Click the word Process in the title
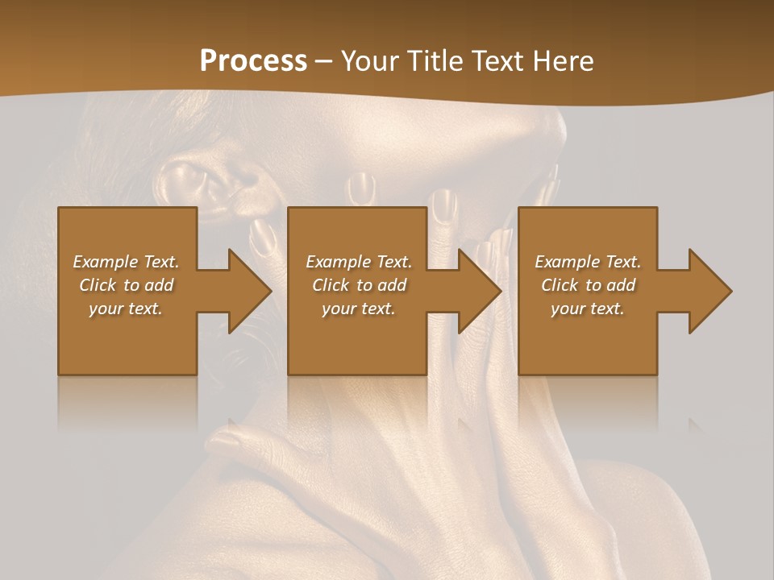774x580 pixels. (253, 61)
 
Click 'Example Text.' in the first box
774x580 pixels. (126, 262)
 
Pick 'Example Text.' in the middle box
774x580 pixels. (359, 262)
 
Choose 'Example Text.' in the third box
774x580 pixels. (588, 262)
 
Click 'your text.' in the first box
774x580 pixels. (126, 309)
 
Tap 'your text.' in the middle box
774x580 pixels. (359, 309)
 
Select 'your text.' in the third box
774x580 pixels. (588, 309)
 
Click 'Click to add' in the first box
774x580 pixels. (126, 285)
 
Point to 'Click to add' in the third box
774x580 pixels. (588, 285)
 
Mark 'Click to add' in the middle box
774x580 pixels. (359, 285)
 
